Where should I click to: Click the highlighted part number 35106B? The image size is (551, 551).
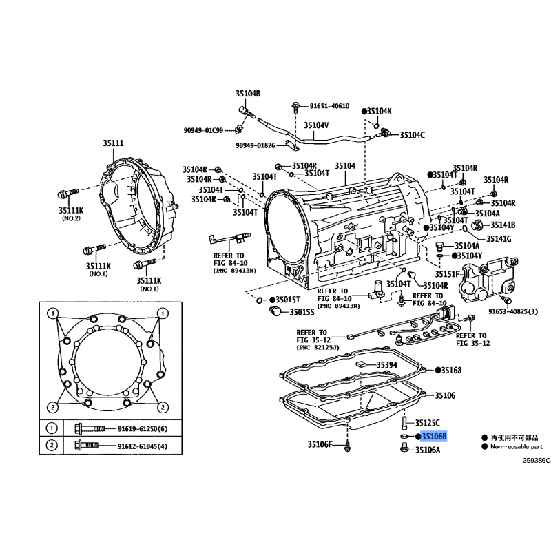434,437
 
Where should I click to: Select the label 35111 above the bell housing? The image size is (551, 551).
113,143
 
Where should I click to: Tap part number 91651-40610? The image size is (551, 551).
329,106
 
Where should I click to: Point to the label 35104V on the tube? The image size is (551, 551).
316,125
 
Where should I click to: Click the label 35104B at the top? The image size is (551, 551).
248,94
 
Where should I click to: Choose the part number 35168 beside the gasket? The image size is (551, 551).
451,370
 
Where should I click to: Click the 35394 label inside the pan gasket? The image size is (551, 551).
387,365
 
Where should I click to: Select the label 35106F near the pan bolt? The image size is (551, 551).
320,444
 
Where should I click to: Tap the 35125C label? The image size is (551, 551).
427,423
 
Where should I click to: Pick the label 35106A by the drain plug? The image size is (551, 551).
428,450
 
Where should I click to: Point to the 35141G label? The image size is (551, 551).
499,239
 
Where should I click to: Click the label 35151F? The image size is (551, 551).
447,274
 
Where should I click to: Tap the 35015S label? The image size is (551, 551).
302,312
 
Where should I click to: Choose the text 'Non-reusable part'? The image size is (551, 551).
517,446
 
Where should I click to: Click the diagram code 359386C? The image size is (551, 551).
537,461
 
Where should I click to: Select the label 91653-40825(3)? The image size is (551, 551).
513,311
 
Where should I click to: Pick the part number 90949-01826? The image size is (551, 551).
256,145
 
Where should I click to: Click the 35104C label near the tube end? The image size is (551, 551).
413,135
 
